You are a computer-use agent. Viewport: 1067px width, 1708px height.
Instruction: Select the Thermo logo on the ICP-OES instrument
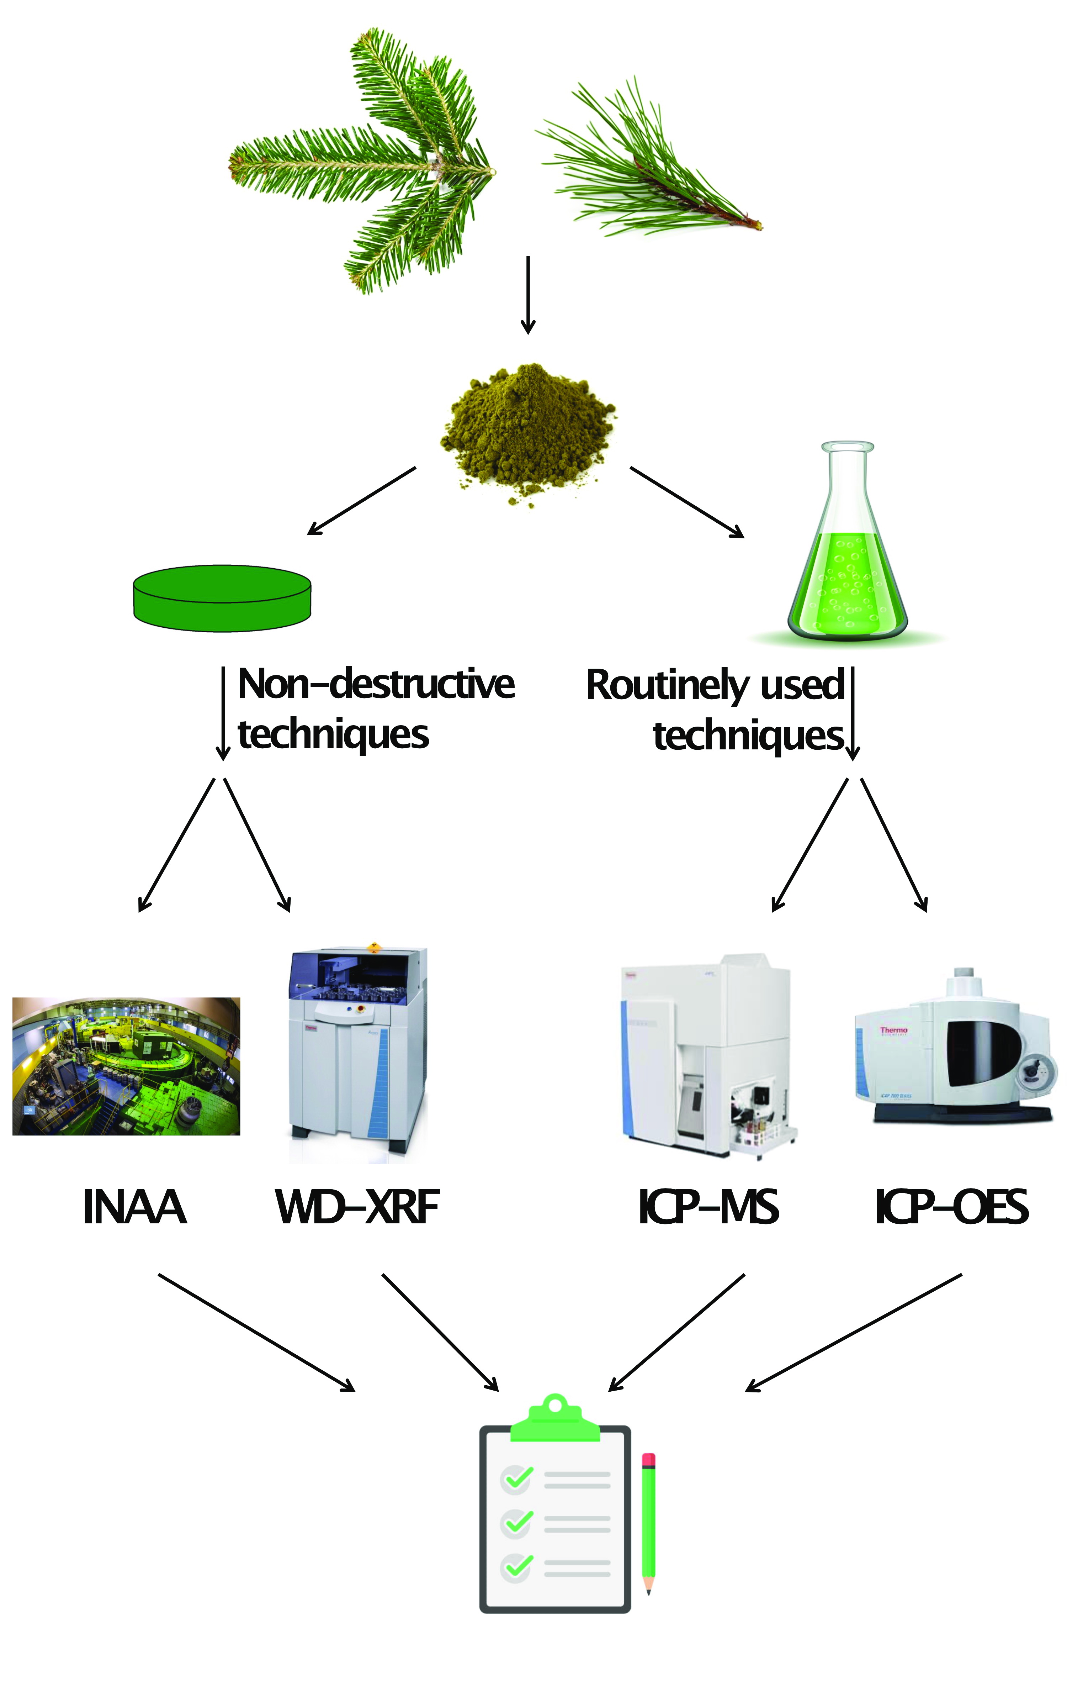(893, 1030)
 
